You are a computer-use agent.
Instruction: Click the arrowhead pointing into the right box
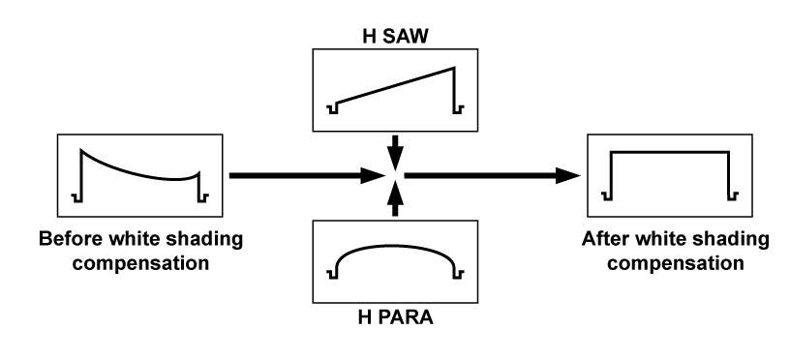point(571,176)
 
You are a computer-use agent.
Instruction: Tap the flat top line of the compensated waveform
point(668,152)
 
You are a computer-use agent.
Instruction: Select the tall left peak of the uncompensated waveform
point(81,148)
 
